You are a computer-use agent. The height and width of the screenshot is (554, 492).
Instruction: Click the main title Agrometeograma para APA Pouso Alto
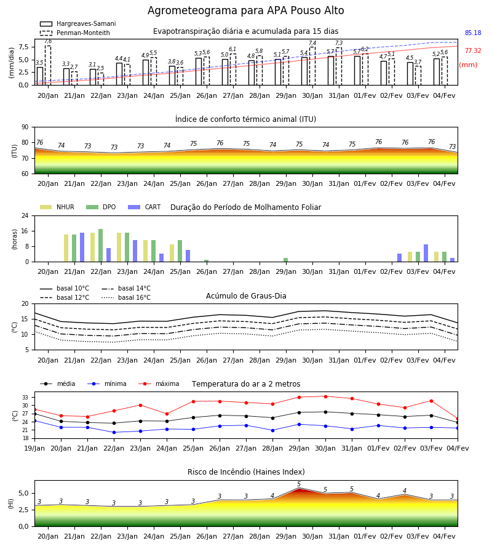pyautogui.click(x=245, y=10)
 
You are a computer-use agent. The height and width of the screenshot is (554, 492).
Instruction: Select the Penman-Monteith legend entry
pyautogui.click(x=75, y=33)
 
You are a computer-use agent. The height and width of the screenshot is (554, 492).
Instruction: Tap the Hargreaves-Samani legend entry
pyautogui.click(x=77, y=23)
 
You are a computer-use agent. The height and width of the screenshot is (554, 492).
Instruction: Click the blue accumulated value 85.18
pyautogui.click(x=473, y=33)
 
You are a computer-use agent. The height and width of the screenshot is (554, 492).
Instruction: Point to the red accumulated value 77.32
pyautogui.click(x=473, y=50)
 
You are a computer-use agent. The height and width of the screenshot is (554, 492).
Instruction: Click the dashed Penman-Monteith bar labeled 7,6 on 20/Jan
pyautogui.click(x=48, y=65)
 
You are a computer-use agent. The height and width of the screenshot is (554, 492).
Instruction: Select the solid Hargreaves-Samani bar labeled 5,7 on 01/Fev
pyautogui.click(x=357, y=71)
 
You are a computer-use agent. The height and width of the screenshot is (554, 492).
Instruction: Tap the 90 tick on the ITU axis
pyautogui.click(x=25, y=127)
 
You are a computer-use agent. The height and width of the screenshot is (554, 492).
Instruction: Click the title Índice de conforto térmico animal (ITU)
pyautogui.click(x=245, y=119)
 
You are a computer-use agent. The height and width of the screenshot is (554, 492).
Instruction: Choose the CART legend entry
pyautogui.click(x=145, y=207)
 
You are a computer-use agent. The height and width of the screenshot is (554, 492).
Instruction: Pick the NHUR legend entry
pyautogui.click(x=57, y=207)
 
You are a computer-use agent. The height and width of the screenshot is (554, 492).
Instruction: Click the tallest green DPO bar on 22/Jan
pyautogui.click(x=101, y=246)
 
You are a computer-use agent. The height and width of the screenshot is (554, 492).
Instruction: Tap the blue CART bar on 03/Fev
pyautogui.click(x=426, y=253)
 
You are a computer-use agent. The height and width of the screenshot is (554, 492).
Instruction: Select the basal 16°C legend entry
pyautogui.click(x=126, y=297)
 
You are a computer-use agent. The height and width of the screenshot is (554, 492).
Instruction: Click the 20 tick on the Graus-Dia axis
pyautogui.click(x=25, y=303)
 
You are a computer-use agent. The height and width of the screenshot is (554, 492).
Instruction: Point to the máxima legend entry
pyautogui.click(x=159, y=383)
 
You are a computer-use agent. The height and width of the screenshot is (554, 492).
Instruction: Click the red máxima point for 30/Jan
pyautogui.click(x=325, y=396)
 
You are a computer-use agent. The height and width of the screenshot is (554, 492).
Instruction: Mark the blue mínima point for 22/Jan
pyautogui.click(x=114, y=433)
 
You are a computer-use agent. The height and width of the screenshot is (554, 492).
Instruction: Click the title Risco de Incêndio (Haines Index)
pyautogui.click(x=246, y=472)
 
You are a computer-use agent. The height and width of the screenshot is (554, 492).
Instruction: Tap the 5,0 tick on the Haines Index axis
pyautogui.click(x=24, y=493)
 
